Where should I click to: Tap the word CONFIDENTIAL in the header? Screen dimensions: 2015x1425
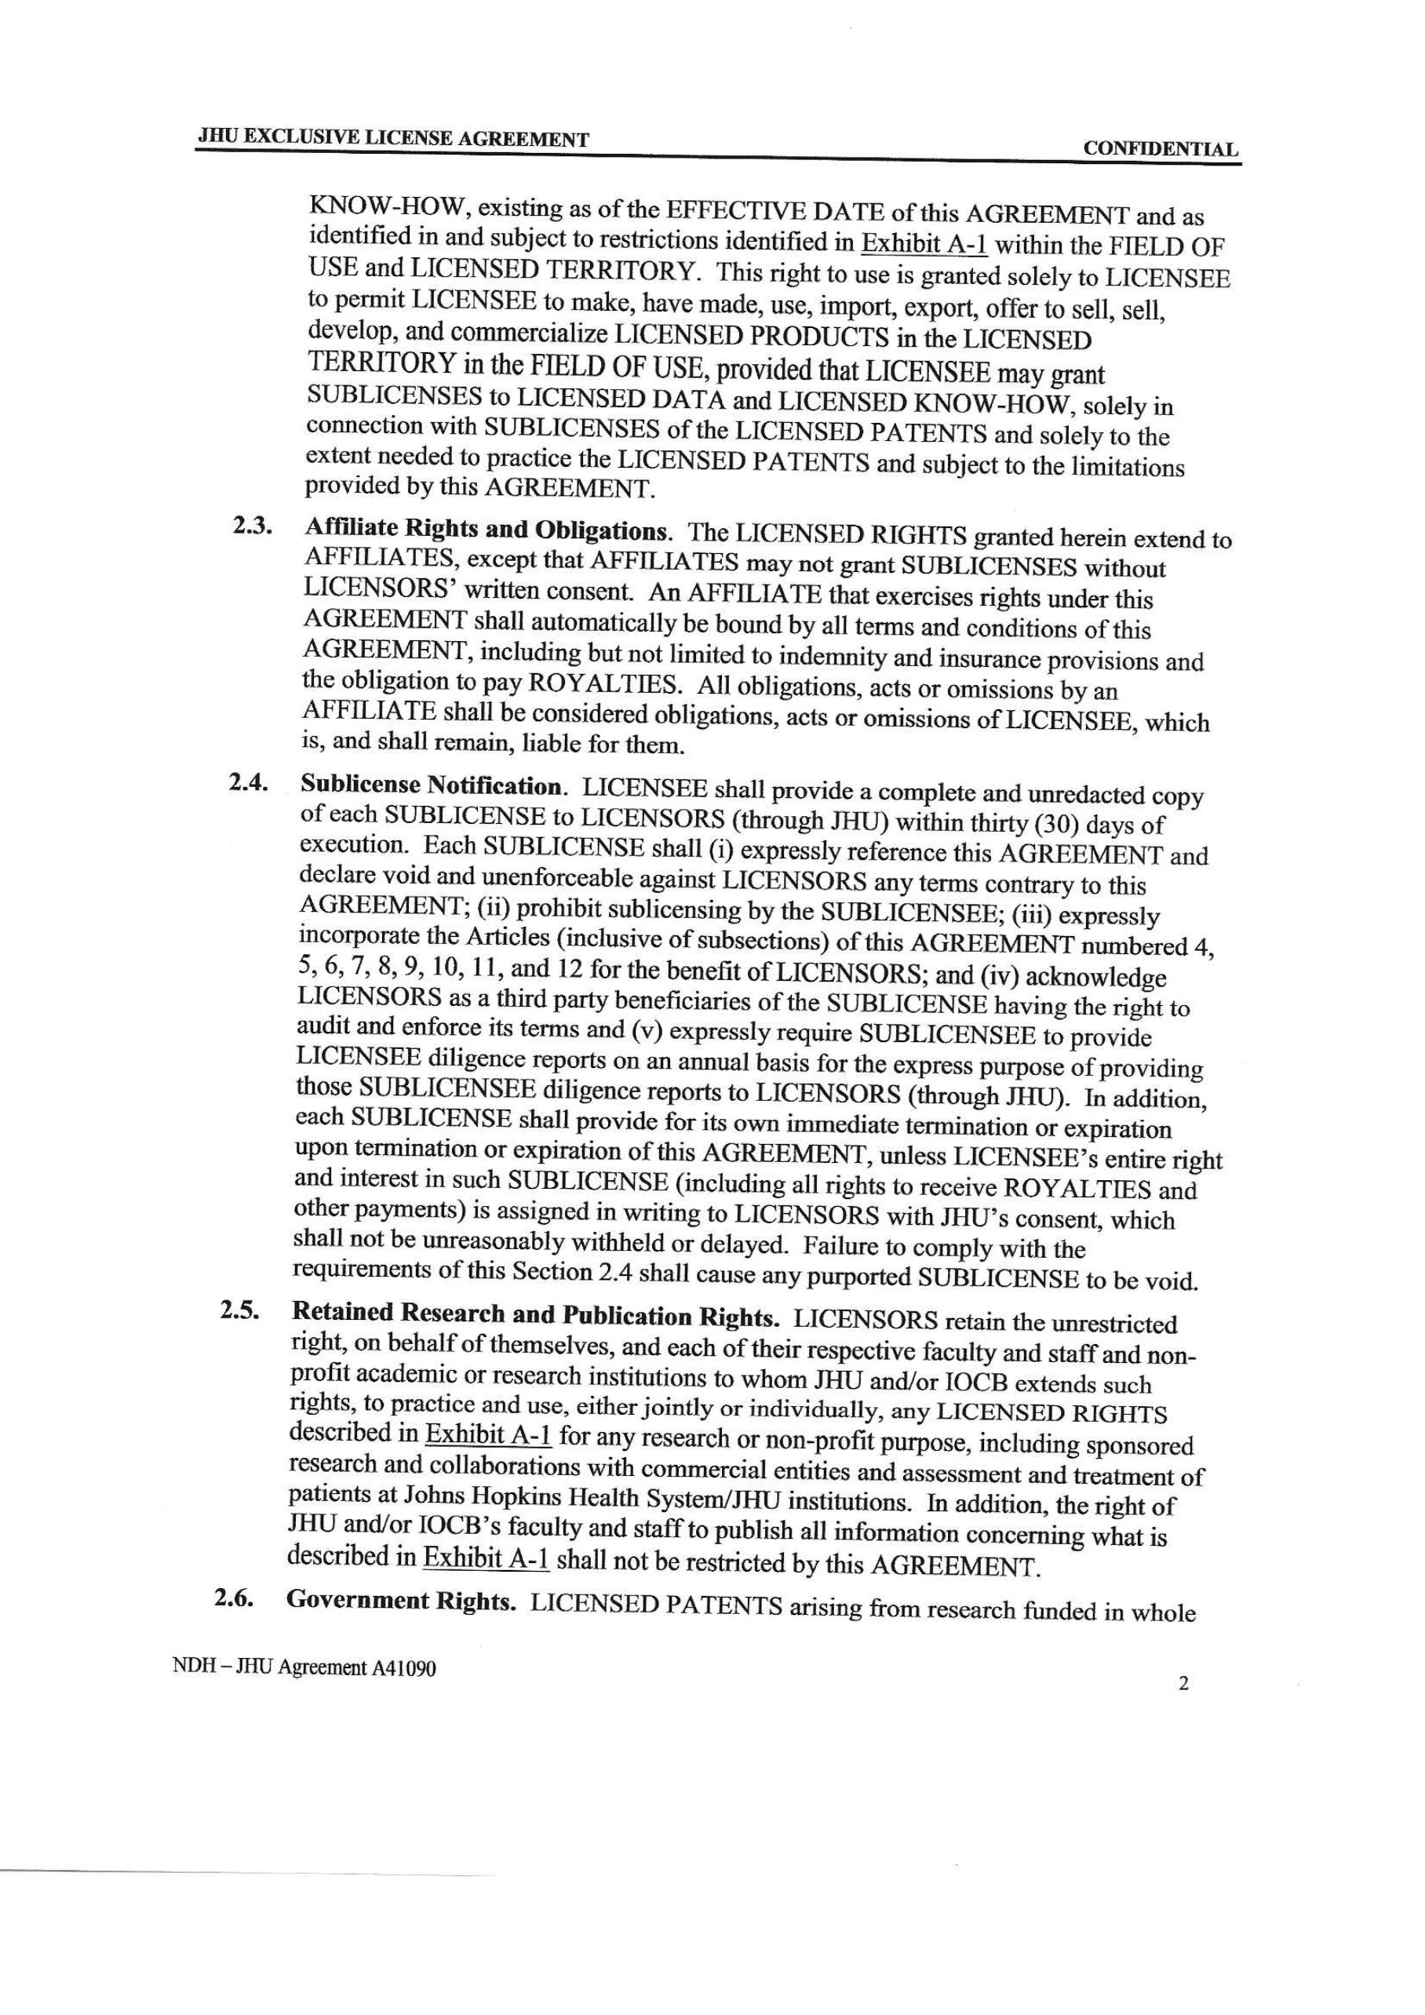pyautogui.click(x=1161, y=149)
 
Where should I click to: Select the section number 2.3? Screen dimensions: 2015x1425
pyautogui.click(x=252, y=527)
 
